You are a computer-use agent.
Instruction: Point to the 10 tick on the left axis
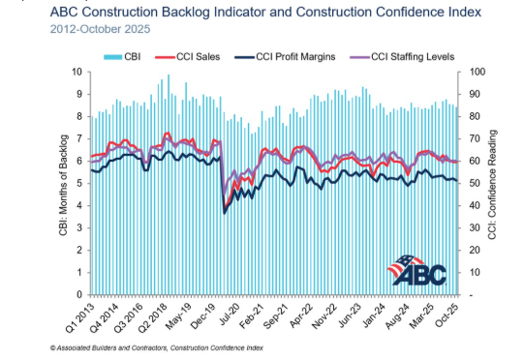click(77, 73)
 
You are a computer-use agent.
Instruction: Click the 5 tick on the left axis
click(78, 184)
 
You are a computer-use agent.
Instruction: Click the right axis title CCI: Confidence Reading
click(495, 183)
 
